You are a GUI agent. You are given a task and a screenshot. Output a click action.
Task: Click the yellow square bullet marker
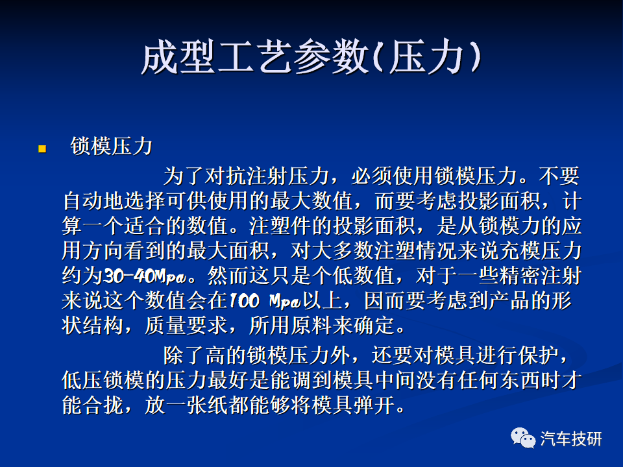coord(42,149)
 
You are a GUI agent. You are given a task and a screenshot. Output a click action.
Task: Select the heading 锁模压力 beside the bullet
coord(111,146)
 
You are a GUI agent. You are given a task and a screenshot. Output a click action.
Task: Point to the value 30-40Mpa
coord(145,276)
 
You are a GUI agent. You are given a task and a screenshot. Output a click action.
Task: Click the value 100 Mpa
coord(265,300)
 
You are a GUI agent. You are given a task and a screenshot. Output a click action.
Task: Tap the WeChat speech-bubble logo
coord(523,438)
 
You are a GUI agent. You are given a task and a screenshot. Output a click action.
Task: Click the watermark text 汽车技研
coord(570,439)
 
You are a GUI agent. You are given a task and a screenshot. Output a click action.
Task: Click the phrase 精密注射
coord(540,276)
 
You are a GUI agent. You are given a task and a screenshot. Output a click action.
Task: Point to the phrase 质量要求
coord(186,325)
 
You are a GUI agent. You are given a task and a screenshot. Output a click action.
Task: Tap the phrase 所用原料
coord(290,325)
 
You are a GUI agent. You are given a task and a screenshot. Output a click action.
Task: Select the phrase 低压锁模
coord(103,380)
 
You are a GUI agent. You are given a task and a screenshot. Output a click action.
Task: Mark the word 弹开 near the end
coord(373,405)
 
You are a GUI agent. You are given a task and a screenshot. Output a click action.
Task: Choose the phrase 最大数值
coord(311,201)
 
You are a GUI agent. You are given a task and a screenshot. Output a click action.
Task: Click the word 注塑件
coord(280,226)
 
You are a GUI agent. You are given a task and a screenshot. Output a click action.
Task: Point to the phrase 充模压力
coord(540,250)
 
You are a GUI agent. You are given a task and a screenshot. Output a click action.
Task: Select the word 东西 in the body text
coord(519,380)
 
